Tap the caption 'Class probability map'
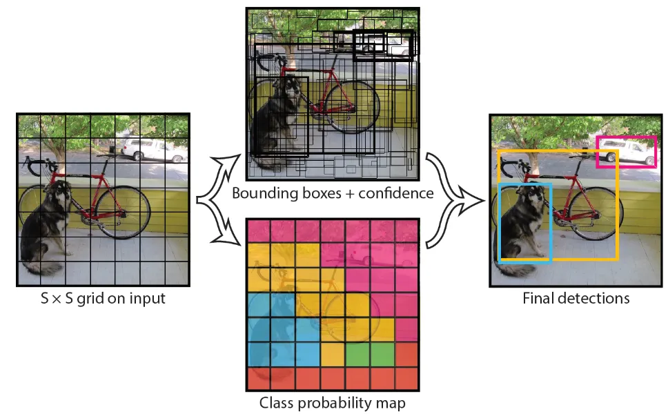click(x=333, y=402)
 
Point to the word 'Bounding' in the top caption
click(x=261, y=194)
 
